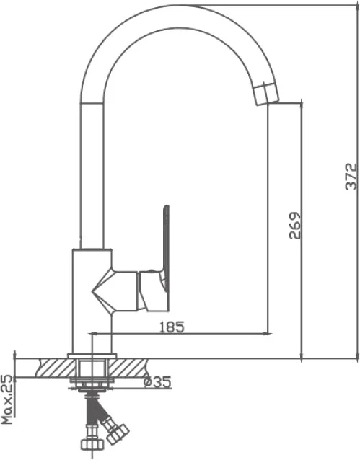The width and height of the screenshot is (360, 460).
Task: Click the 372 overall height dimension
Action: [x=351, y=177]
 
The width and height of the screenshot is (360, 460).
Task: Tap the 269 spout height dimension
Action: [x=295, y=225]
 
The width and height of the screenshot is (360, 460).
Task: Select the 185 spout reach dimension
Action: [x=172, y=327]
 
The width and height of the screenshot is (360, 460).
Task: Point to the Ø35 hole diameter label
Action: [x=157, y=381]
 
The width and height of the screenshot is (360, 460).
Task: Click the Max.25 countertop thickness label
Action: [x=7, y=399]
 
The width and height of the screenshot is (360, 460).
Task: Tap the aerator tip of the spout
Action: [x=265, y=94]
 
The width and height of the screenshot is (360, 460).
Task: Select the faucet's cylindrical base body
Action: [x=92, y=301]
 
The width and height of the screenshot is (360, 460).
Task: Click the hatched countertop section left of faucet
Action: [x=56, y=368]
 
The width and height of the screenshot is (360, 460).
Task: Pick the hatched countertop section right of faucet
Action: [x=128, y=368]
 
